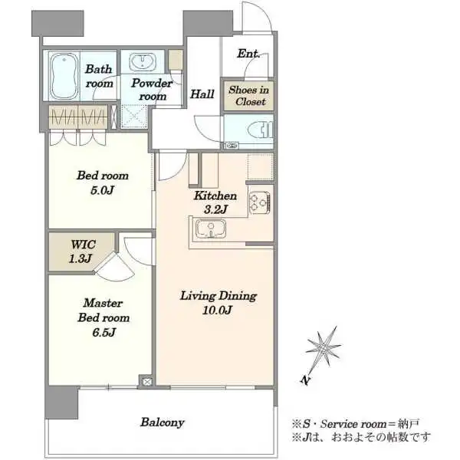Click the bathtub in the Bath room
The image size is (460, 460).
pos(64,76)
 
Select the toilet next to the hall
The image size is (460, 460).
pos(261,130)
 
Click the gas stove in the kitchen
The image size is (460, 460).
pos(260,202)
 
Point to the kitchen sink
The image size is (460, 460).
pos(211,228)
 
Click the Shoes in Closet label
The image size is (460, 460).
pos(249,95)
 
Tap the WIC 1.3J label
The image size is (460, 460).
pos(81,251)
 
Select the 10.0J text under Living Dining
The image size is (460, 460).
pos(218,310)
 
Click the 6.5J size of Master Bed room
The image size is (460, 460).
pos(103,333)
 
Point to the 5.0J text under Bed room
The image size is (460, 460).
pos(102,190)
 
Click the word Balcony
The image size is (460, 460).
pos(163,422)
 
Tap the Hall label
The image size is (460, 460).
pos(202,94)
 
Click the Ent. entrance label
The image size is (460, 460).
pos(248,54)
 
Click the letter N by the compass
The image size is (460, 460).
pos(305,380)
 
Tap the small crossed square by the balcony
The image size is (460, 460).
pos(147,382)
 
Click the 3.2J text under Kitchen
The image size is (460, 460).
pos(215,209)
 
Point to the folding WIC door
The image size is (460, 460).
pos(115,267)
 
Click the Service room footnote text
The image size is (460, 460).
pos(355,424)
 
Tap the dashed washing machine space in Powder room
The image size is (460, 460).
pos(133,117)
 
